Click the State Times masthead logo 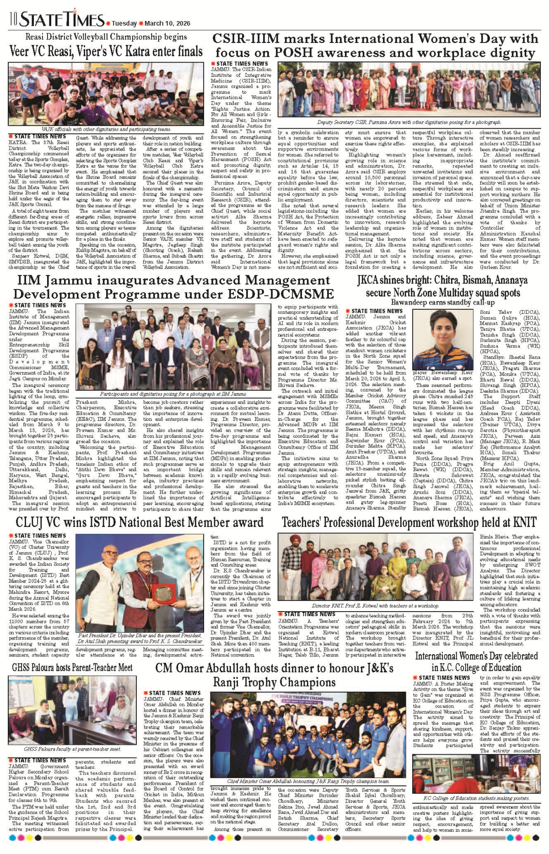(62, 19)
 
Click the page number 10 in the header (13, 19)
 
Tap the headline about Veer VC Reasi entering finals (106, 51)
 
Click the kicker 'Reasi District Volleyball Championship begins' (106, 37)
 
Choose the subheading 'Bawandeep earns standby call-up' (442, 302)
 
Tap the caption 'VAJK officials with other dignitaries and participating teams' (106, 129)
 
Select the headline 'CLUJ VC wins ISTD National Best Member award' (140, 522)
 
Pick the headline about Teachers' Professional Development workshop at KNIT (409, 522)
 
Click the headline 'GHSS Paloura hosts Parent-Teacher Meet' (72, 667)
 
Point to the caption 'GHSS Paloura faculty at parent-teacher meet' (72, 749)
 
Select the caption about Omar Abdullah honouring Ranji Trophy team (308, 781)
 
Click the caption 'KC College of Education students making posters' (476, 798)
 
